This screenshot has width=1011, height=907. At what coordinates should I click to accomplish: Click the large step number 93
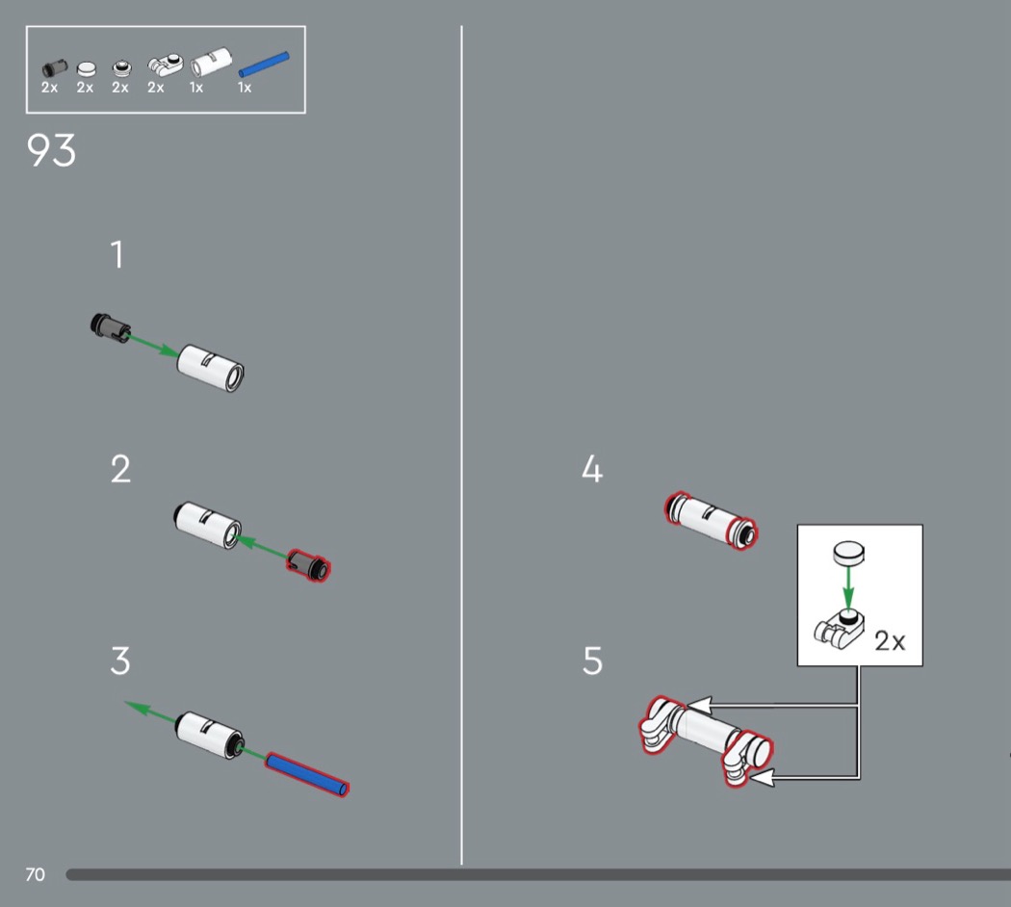click(x=51, y=150)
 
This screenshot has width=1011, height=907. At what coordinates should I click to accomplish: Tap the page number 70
click(x=35, y=874)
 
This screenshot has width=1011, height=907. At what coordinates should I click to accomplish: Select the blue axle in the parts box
click(x=264, y=65)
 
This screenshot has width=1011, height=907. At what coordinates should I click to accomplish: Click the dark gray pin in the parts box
click(x=54, y=67)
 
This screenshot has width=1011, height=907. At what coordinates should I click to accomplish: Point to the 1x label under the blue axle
click(x=244, y=88)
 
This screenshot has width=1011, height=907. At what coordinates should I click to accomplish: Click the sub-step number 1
click(x=117, y=254)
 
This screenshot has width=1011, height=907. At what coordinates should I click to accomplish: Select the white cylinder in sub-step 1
click(x=210, y=368)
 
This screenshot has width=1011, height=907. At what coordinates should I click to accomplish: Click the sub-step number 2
click(x=120, y=469)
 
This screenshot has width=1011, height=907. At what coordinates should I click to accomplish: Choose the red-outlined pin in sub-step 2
click(x=308, y=564)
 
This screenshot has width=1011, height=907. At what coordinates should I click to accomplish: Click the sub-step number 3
click(x=120, y=661)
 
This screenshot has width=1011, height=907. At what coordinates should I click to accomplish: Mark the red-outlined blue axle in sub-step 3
click(x=307, y=775)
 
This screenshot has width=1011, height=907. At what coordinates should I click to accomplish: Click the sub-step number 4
click(x=592, y=469)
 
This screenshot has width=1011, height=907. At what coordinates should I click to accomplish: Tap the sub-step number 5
click(x=592, y=661)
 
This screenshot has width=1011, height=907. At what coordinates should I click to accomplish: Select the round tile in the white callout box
click(x=848, y=553)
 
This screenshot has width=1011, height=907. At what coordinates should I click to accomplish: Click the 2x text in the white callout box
click(x=890, y=640)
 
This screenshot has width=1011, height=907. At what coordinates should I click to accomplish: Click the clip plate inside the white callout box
click(x=839, y=629)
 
